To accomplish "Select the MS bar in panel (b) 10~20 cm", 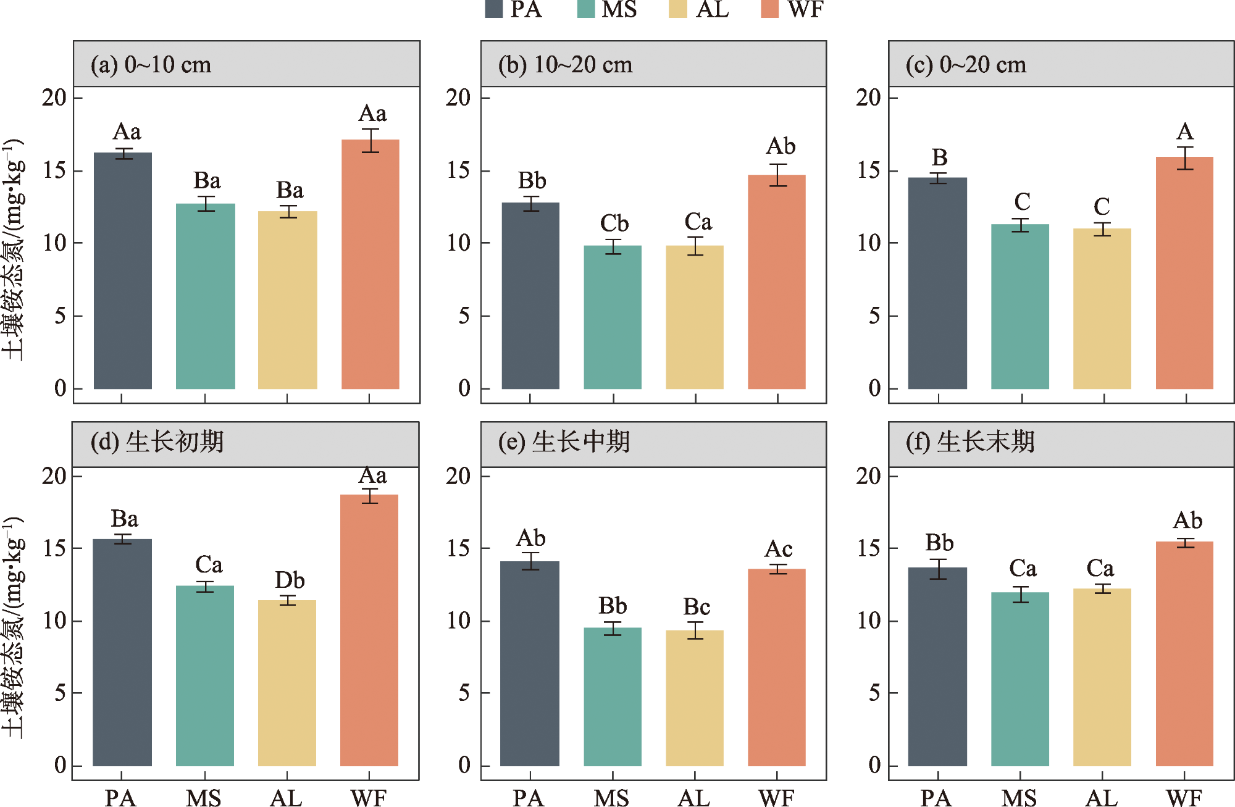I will [x=613, y=317].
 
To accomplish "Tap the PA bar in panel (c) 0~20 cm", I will [x=937, y=283].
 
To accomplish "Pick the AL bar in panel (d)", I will [x=287, y=683].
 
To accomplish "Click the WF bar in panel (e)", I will [x=777, y=667].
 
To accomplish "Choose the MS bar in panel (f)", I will [x=1020, y=679].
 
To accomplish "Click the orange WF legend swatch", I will [x=769, y=9].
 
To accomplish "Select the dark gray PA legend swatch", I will [x=494, y=9].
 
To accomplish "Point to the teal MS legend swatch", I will [x=585, y=9].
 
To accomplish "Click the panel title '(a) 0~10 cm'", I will [x=151, y=65].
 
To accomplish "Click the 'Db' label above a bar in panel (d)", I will [x=290, y=580].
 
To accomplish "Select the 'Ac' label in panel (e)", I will [x=778, y=549].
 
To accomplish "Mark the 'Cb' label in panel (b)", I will [x=614, y=223].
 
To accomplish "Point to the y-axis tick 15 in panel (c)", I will [x=869, y=170].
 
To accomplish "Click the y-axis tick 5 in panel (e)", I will [x=464, y=693].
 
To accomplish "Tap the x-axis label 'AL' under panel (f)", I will [x=1102, y=798].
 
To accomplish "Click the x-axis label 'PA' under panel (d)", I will [x=120, y=798].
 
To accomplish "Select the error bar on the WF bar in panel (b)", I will [x=777, y=175].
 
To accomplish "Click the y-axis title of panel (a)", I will [x=14, y=249].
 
